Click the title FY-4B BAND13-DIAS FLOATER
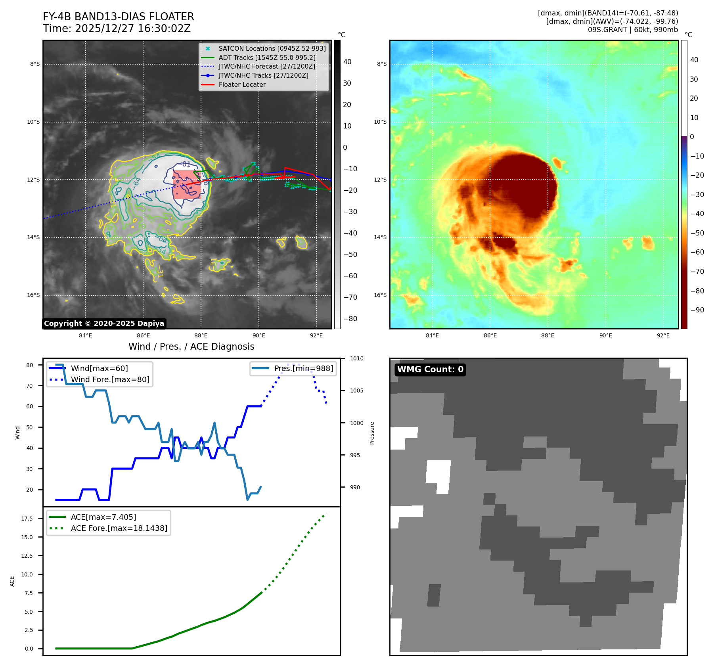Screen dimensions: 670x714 point(118,17)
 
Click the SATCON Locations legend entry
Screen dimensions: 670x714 point(272,48)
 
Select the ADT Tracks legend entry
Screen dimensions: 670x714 point(267,57)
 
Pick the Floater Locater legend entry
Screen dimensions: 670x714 point(242,84)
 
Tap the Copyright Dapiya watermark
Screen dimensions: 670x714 point(104,324)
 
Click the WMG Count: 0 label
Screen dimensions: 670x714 point(430,369)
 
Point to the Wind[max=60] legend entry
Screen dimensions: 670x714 point(99,368)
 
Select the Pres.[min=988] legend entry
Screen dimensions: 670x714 point(303,368)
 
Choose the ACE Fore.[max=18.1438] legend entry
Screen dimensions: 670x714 point(119,528)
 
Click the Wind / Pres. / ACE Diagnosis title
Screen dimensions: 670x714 point(191,346)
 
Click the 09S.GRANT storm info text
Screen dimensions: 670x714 point(632,30)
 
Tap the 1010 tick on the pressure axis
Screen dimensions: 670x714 point(356,359)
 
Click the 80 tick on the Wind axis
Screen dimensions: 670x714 point(29,365)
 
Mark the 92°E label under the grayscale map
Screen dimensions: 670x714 point(316,336)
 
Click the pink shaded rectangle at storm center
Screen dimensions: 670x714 point(186,184)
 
